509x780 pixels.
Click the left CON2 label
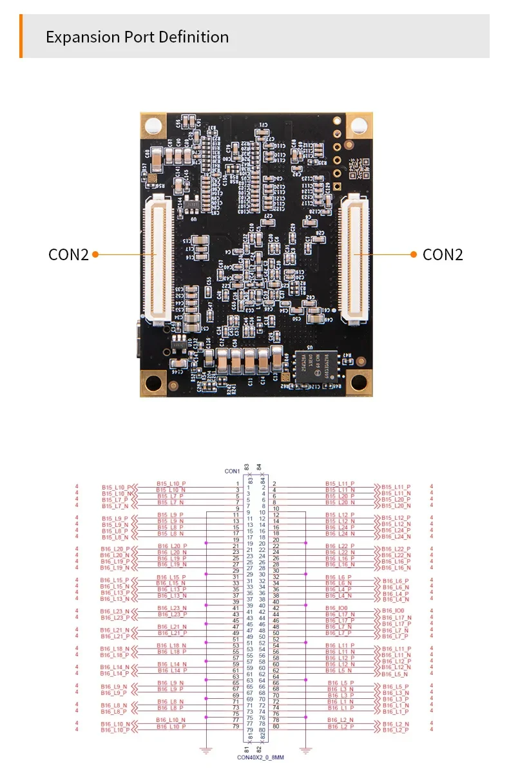tap(68, 254)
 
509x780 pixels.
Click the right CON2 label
tap(443, 254)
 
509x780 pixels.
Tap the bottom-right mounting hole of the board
tap(358, 383)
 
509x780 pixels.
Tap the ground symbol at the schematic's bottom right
tap(306, 750)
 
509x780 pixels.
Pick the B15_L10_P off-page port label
tap(116, 487)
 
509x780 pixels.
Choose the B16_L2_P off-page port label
tap(395, 730)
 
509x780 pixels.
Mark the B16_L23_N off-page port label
tap(115, 611)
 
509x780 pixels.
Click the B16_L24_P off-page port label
tap(395, 530)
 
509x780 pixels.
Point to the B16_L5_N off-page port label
tap(395, 674)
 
